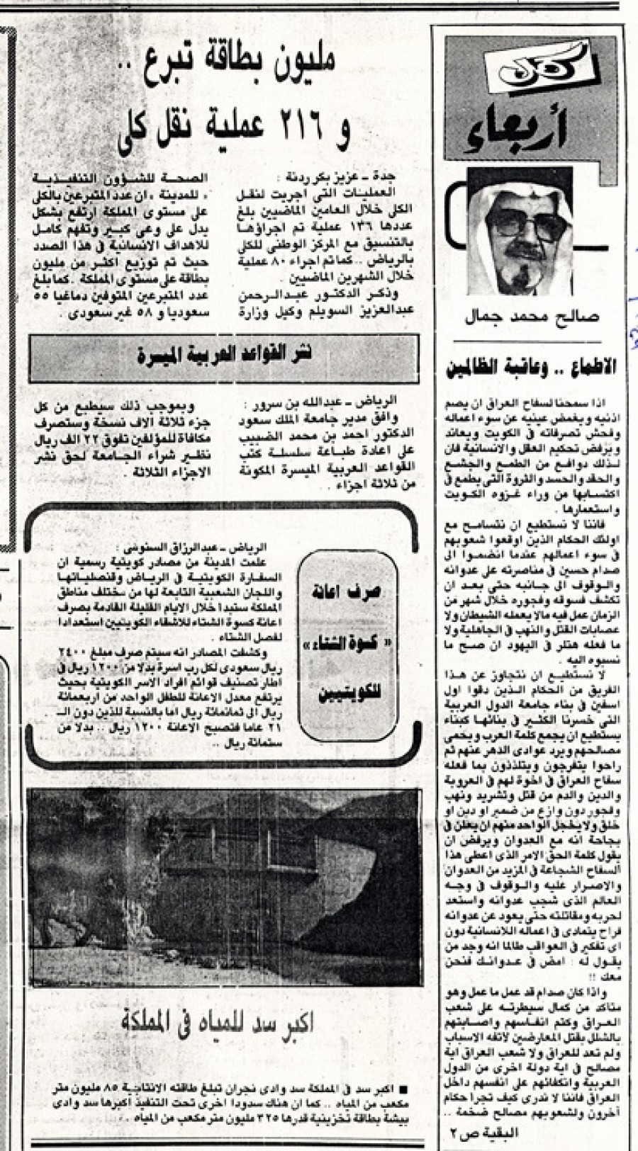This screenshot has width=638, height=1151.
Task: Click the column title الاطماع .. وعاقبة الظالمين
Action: (532, 368)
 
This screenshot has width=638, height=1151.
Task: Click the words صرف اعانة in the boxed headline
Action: (348, 597)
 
